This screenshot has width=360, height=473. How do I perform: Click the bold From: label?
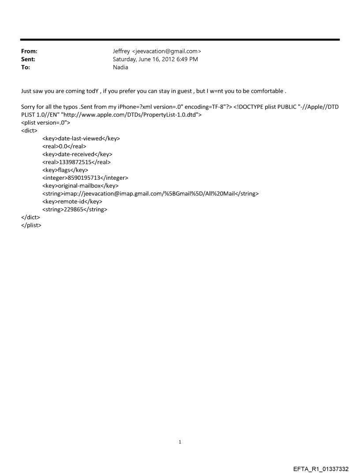(x=29, y=52)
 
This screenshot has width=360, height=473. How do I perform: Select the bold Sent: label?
(x=28, y=60)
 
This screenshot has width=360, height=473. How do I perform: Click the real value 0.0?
(x=64, y=146)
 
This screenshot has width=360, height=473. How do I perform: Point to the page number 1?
(x=180, y=442)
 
